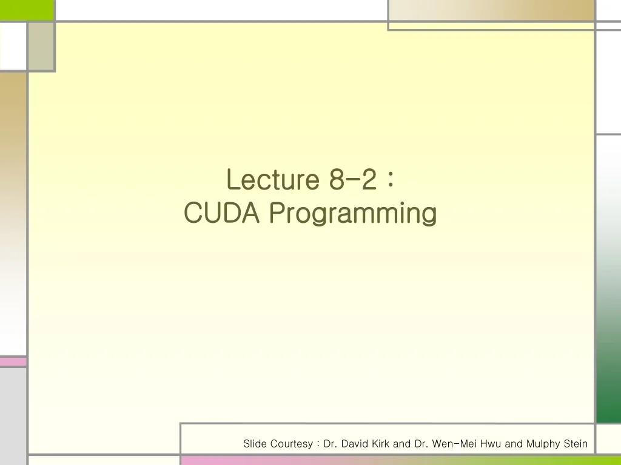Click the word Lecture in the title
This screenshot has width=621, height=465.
(x=273, y=179)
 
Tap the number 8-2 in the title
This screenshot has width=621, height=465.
(x=352, y=179)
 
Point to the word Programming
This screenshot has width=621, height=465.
(x=353, y=214)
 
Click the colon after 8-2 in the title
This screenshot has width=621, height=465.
(x=390, y=180)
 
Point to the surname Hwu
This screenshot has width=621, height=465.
(x=491, y=444)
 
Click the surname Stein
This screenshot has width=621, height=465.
(x=576, y=444)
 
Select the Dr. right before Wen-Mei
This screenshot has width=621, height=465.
(x=421, y=444)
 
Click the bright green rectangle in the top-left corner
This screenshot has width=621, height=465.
(x=27, y=10)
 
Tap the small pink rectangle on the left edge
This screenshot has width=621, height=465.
(x=13, y=362)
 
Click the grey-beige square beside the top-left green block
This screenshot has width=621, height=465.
(x=41, y=46)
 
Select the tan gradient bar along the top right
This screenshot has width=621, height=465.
(x=491, y=10)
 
